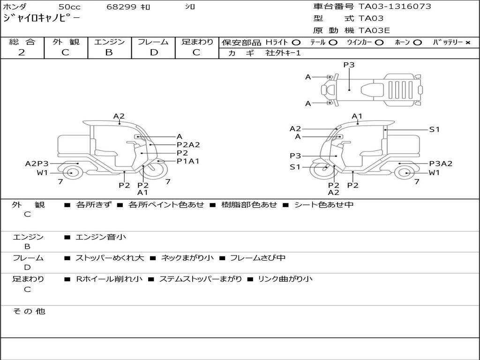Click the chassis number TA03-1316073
tap(395, 7)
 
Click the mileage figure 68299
tap(121, 7)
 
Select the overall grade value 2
tap(22, 52)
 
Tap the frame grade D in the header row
tap(154, 52)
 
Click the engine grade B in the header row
tap(109, 52)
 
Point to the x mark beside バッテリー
tap(468, 43)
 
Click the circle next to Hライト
tap(296, 43)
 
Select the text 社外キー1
tap(283, 53)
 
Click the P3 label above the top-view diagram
tap(349, 65)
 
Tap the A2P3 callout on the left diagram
tap(37, 164)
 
